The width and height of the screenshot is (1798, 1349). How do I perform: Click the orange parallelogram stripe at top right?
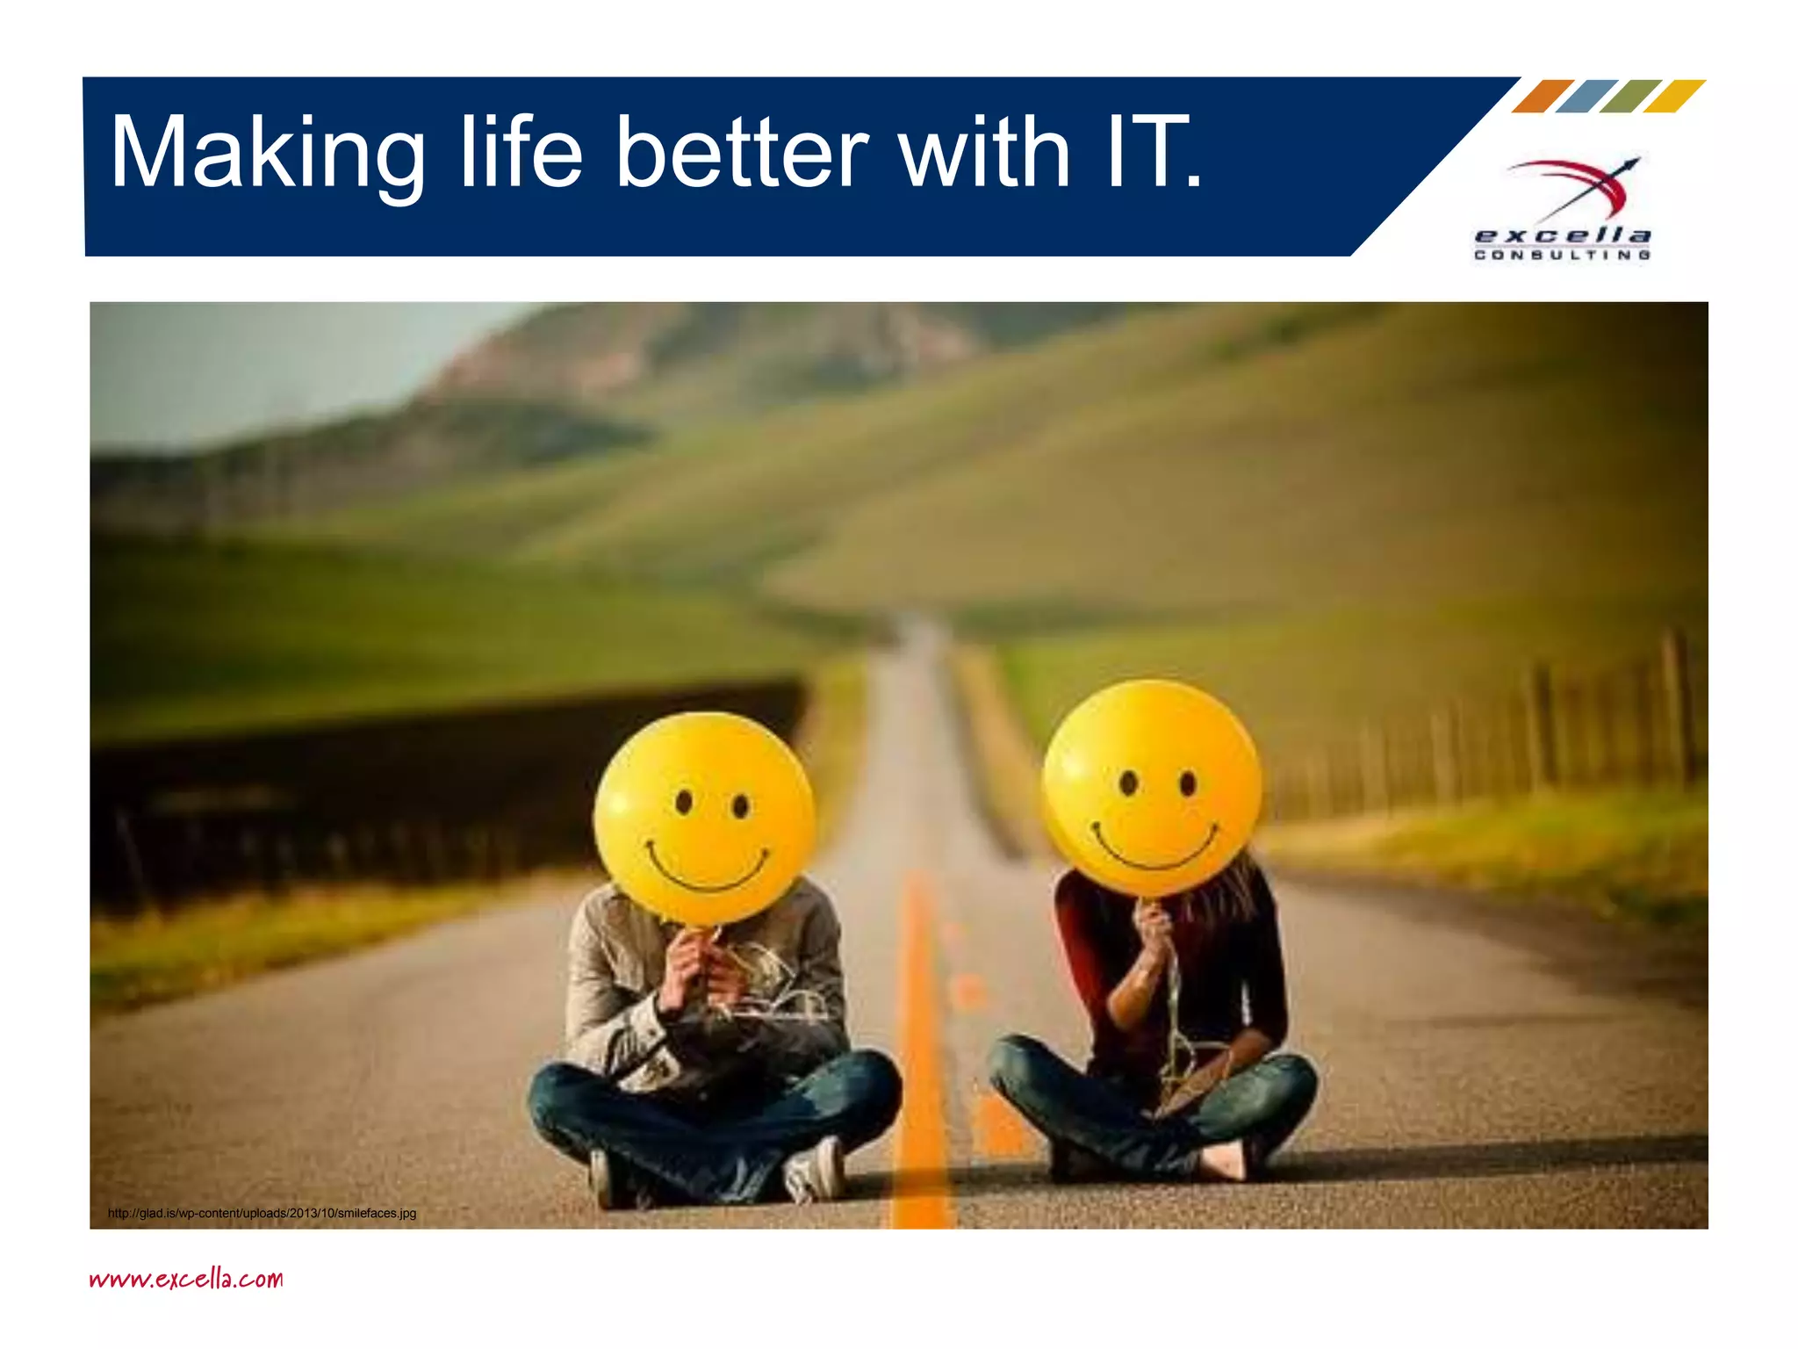[1543, 96]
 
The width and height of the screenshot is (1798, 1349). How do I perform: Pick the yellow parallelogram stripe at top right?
[1674, 96]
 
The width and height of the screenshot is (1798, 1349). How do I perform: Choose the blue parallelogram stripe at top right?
[1586, 96]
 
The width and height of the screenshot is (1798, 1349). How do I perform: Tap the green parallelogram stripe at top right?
[1630, 96]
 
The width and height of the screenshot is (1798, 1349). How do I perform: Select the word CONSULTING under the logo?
[1562, 255]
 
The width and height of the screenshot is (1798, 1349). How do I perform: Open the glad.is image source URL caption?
[262, 1213]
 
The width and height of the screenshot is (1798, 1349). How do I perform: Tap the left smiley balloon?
[704, 817]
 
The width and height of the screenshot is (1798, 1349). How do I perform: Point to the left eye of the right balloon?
[1129, 782]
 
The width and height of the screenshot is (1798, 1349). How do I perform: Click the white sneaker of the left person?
[815, 1168]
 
